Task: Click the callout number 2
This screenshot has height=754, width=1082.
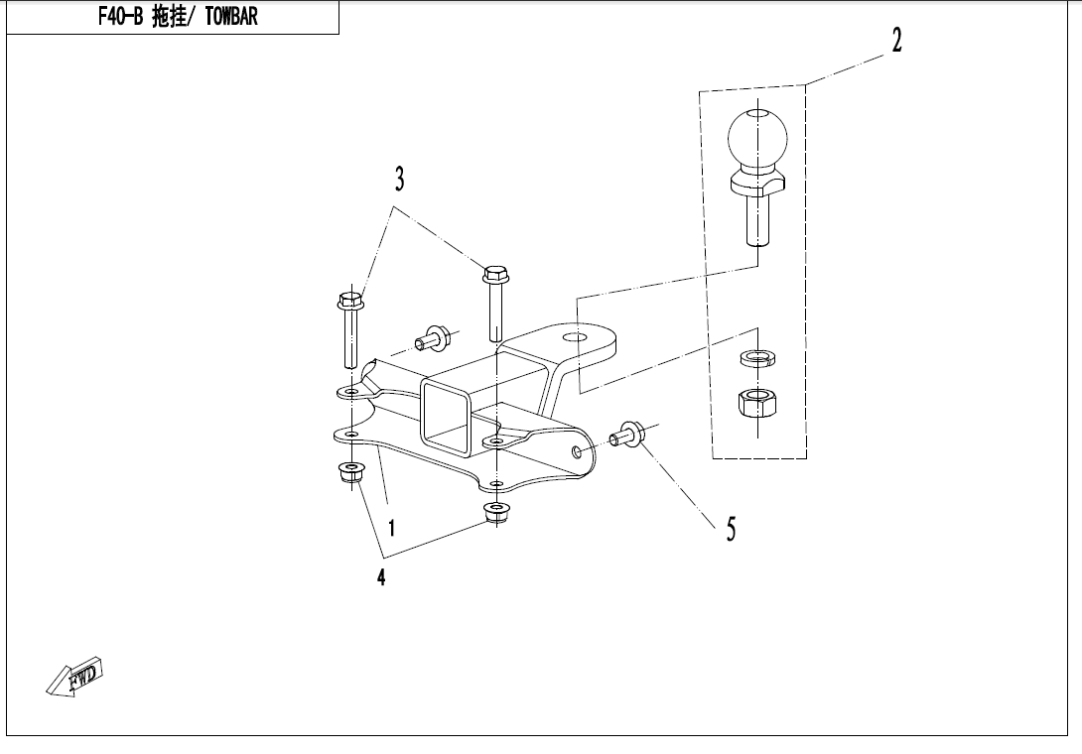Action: pyautogui.click(x=896, y=40)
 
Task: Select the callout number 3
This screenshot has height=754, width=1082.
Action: pyautogui.click(x=399, y=179)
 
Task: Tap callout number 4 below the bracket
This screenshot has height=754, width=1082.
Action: pyautogui.click(x=381, y=576)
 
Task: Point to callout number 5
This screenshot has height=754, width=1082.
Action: pyautogui.click(x=731, y=529)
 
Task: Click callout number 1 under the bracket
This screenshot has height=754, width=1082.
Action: pyautogui.click(x=392, y=529)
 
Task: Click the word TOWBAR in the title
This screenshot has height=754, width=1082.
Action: pyautogui.click(x=231, y=17)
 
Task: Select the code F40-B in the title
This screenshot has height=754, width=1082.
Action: pyautogui.click(x=120, y=17)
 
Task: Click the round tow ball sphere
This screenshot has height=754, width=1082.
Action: pyautogui.click(x=757, y=138)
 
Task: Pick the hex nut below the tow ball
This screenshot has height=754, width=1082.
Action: pyautogui.click(x=757, y=402)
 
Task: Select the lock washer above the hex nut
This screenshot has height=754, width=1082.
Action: pyautogui.click(x=757, y=358)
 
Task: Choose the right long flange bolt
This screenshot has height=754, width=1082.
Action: pyautogui.click(x=494, y=303)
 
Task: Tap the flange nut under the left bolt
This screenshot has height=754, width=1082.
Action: pyautogui.click(x=351, y=473)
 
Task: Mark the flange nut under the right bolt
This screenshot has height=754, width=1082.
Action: pyautogui.click(x=494, y=513)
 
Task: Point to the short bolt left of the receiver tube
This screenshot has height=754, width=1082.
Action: pyautogui.click(x=433, y=338)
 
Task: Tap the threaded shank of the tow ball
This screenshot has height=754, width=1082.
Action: pyautogui.click(x=757, y=219)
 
